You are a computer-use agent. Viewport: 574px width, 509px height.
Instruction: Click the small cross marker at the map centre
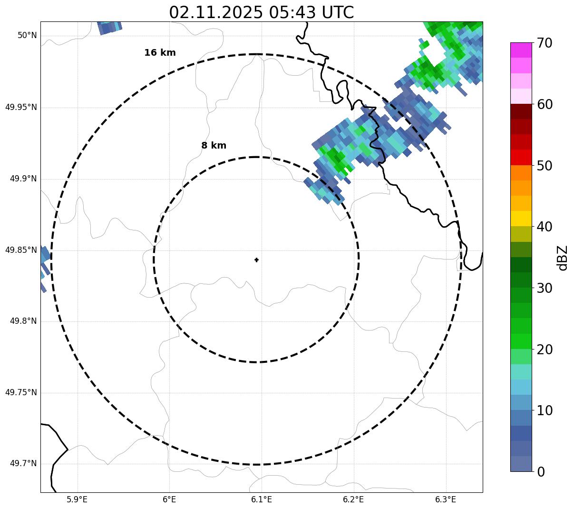(x=257, y=259)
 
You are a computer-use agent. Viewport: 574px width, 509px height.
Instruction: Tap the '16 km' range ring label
(x=160, y=53)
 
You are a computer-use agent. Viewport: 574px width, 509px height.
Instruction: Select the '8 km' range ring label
(x=214, y=146)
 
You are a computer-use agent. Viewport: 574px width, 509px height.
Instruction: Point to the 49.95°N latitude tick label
(x=21, y=107)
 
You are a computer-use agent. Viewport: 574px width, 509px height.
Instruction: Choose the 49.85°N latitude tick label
(x=21, y=250)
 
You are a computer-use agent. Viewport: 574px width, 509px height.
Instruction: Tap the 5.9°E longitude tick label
(x=77, y=499)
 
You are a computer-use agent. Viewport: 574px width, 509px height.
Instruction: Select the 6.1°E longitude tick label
(x=262, y=499)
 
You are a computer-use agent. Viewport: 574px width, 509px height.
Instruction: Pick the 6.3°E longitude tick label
(x=446, y=499)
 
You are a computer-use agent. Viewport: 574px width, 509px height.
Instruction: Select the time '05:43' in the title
(x=293, y=13)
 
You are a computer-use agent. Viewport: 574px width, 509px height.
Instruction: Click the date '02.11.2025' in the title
(x=215, y=13)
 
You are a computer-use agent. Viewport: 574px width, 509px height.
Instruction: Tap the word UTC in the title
(x=338, y=13)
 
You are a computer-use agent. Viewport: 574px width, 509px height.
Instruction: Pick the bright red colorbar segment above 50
(x=521, y=157)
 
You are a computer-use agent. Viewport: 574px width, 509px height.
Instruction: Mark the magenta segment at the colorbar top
(x=521, y=50)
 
